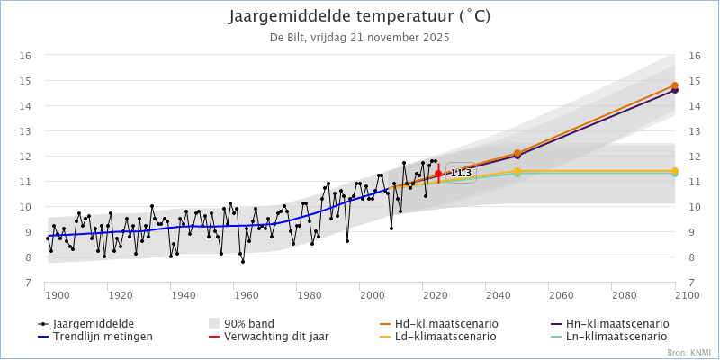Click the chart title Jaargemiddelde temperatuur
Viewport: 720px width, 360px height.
point(360,17)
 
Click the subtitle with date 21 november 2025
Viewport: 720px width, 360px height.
point(360,38)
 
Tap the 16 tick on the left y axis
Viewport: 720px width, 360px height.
point(26,56)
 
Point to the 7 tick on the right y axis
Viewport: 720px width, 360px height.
point(693,283)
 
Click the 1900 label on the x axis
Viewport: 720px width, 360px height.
point(57,295)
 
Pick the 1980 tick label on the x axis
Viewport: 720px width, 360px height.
point(309,295)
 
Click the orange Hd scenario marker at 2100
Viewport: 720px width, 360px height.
point(675,86)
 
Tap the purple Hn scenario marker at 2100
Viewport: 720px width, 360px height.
point(675,90)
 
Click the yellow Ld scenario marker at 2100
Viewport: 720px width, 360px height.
point(675,171)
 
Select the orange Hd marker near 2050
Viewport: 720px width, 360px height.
point(517,154)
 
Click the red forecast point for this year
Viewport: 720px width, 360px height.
point(438,174)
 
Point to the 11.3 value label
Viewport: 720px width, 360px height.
point(461,173)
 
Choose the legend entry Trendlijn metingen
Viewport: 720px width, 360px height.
point(102,337)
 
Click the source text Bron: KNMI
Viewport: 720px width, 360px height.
point(689,353)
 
